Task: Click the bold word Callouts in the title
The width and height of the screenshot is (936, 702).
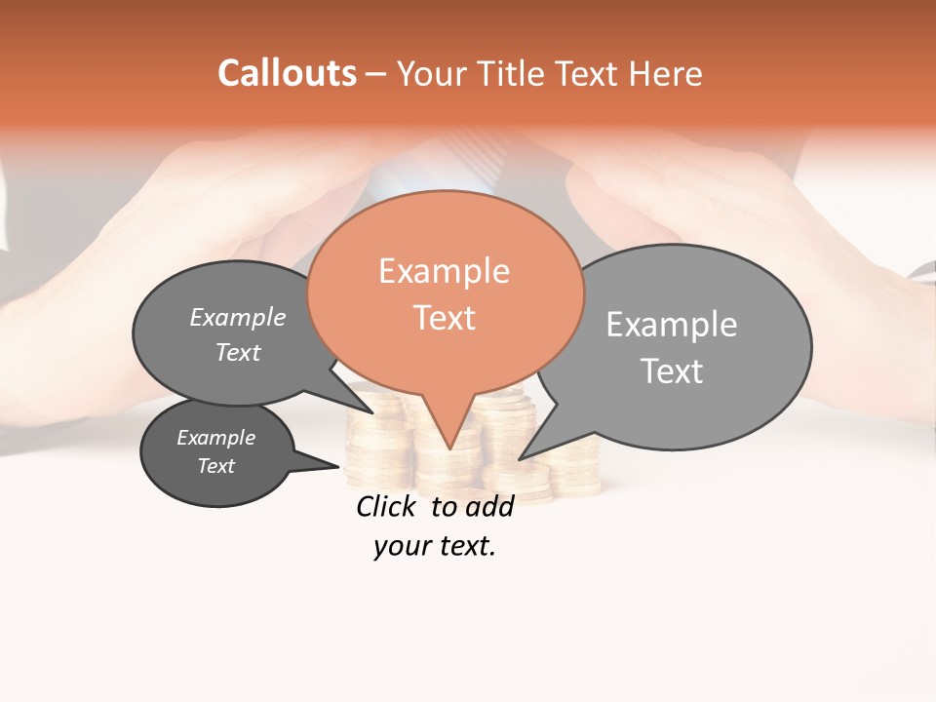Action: point(287,73)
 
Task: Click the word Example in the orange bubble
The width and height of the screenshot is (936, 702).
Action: point(444,271)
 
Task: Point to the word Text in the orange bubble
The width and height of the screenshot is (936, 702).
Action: point(444,318)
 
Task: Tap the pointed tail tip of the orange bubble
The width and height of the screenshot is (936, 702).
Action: point(449,448)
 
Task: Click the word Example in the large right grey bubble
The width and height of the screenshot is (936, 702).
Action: point(671,324)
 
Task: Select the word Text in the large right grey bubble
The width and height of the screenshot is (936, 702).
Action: point(671,370)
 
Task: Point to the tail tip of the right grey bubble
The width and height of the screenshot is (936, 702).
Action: point(520,458)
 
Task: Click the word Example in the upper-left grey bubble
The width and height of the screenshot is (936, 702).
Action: point(238,317)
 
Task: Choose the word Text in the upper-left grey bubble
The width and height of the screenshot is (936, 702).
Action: point(238,352)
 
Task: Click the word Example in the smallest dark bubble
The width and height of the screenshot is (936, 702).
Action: point(216,438)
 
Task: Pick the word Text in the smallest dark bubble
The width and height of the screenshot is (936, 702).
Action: point(216,466)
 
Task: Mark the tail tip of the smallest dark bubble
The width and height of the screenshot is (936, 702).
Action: point(340,466)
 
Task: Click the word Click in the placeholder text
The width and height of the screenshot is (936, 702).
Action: point(386,506)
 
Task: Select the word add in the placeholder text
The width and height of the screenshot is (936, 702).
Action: point(489,506)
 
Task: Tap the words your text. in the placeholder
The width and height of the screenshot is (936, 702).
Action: point(434,546)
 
